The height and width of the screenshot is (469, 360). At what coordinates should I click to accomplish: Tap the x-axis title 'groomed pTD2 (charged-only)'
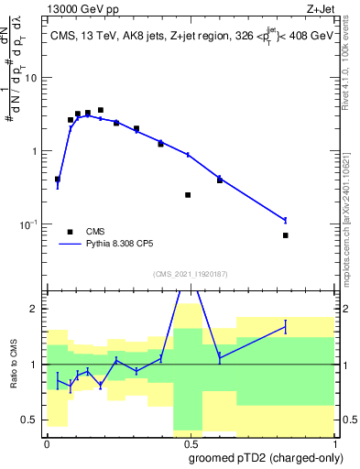click(x=267, y=458)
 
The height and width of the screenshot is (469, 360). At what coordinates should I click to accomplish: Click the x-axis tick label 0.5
click(x=188, y=442)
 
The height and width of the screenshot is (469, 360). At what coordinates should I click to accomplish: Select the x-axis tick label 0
click(x=47, y=442)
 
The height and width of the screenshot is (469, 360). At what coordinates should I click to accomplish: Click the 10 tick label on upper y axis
click(x=31, y=78)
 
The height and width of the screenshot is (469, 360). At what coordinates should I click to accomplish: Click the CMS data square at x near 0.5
click(x=188, y=195)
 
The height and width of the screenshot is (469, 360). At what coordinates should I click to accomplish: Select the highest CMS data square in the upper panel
click(x=101, y=110)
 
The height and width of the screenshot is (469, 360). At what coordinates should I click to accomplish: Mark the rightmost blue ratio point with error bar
click(x=286, y=327)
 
